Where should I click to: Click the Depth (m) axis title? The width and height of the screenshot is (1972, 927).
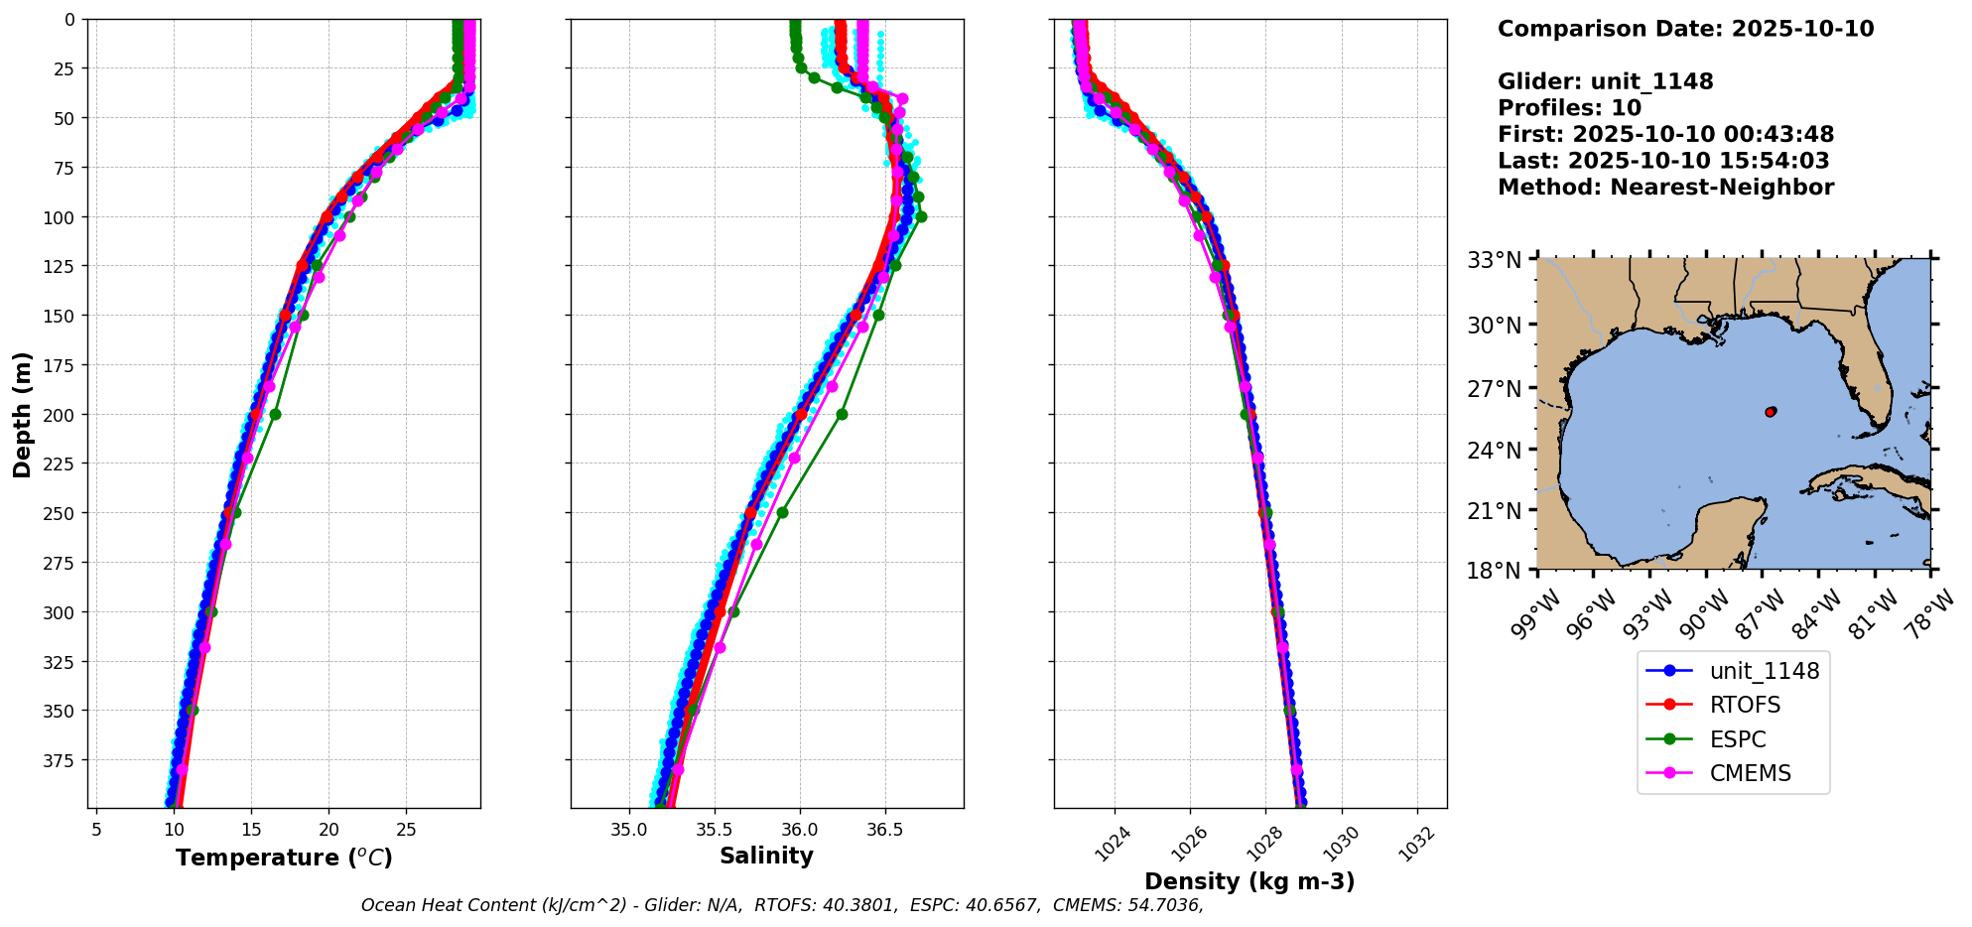(x=22, y=414)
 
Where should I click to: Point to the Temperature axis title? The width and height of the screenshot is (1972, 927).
(x=284, y=858)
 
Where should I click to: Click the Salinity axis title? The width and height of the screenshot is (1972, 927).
(x=766, y=857)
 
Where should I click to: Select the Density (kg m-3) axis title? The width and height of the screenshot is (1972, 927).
(x=1249, y=881)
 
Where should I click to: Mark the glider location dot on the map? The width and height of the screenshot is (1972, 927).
(x=1771, y=411)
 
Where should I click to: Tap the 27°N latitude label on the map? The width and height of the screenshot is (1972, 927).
(x=1495, y=388)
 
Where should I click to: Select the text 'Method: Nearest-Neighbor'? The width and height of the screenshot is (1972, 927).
(x=1665, y=188)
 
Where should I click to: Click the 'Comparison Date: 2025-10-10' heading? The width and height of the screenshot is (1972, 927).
(x=1685, y=29)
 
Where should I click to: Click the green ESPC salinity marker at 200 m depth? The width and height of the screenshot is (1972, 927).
(x=842, y=414)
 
